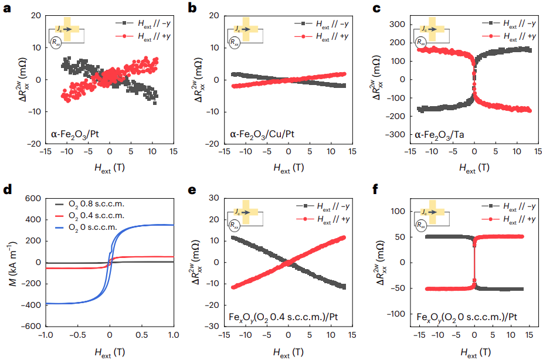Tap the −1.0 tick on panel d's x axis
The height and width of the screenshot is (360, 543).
(x=45, y=336)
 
